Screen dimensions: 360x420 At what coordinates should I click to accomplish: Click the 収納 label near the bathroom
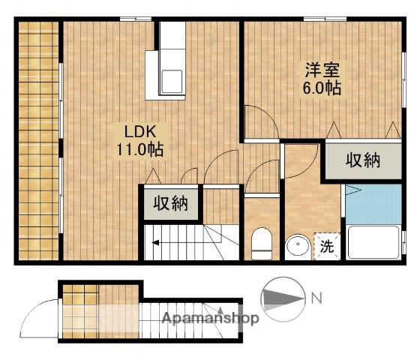(363, 160)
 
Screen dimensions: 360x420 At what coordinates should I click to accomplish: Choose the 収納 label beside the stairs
(172, 202)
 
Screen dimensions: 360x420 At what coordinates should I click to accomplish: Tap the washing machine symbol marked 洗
(327, 244)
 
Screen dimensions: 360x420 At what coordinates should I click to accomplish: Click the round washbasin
(298, 246)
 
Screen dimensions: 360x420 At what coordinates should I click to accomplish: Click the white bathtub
(373, 241)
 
